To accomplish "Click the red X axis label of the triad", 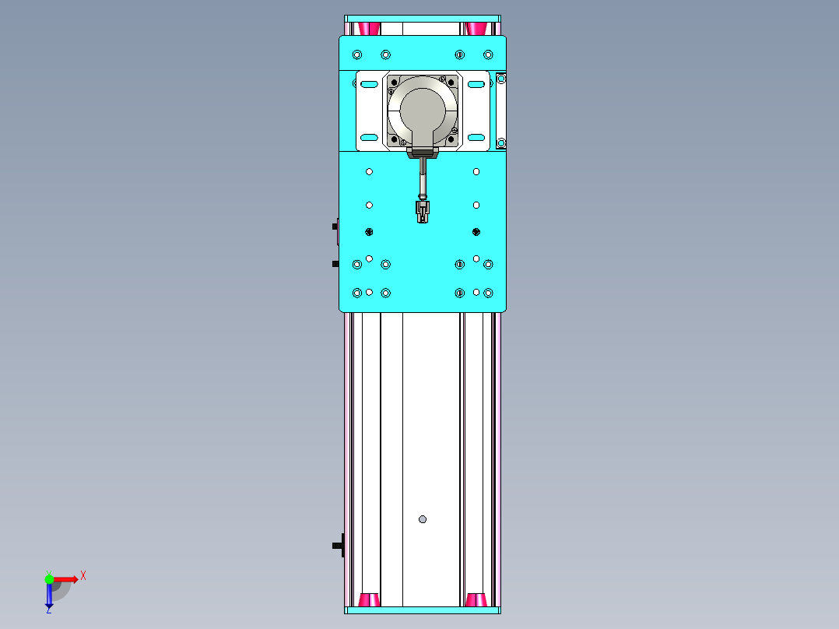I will (83, 575).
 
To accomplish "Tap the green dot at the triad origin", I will (50, 578).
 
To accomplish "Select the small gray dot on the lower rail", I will (423, 519).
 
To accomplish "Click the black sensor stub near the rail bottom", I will (338, 545).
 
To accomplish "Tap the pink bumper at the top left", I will (370, 29).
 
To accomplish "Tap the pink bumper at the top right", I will (476, 29).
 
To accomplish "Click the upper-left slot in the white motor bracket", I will (369, 83).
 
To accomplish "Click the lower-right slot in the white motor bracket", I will (476, 138).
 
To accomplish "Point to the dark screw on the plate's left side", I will (370, 231).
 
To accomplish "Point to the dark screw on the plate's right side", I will (476, 231).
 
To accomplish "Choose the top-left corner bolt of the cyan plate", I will (357, 54).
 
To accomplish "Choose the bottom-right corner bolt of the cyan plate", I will (488, 293).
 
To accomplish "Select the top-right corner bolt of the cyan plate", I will (488, 54).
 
